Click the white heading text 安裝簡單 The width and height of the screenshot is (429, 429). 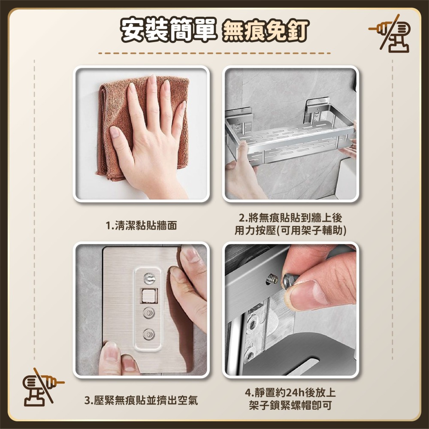[x=169, y=30]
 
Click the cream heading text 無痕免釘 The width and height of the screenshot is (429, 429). [x=266, y=30]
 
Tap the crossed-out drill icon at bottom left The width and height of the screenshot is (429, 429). [x=43, y=387]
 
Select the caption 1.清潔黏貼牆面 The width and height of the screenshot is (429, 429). [x=141, y=226]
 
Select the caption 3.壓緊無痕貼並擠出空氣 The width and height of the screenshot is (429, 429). [x=141, y=400]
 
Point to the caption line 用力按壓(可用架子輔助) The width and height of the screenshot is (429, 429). [x=290, y=230]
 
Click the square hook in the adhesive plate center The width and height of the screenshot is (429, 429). [x=149, y=296]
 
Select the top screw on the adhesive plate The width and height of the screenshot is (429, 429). [x=149, y=279]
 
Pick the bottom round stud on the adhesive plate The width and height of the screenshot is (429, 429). [x=149, y=334]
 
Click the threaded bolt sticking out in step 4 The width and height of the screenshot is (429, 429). [x=272, y=279]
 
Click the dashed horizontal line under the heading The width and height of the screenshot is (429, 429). [x=214, y=53]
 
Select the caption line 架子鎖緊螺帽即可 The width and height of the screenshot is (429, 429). [x=290, y=405]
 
